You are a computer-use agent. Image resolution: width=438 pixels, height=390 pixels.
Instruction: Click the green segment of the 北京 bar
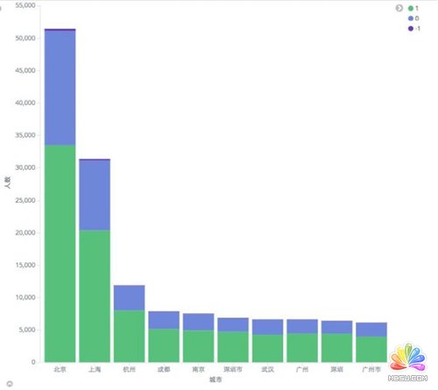point(60,254)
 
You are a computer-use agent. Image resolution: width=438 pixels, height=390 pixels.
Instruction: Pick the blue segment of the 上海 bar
point(95,195)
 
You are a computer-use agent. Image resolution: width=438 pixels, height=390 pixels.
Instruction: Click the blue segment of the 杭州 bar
point(129,297)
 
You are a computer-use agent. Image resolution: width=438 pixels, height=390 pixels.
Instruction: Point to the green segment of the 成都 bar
point(164,345)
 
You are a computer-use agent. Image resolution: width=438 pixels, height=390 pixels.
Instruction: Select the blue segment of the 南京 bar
point(198,321)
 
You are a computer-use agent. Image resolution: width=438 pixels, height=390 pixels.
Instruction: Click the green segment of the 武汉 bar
point(267,348)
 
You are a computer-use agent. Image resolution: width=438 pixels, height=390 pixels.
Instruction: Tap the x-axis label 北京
point(60,369)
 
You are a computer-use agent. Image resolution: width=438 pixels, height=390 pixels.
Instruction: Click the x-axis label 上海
point(95,369)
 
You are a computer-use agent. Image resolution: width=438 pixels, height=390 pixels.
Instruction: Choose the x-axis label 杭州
point(129,369)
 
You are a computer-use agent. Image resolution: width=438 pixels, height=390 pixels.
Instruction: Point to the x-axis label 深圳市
point(233,369)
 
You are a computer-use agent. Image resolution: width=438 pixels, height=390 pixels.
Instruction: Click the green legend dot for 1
point(409,8)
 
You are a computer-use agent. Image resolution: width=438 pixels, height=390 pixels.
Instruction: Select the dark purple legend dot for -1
point(409,28)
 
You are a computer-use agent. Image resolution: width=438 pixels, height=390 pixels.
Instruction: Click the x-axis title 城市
point(215,380)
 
